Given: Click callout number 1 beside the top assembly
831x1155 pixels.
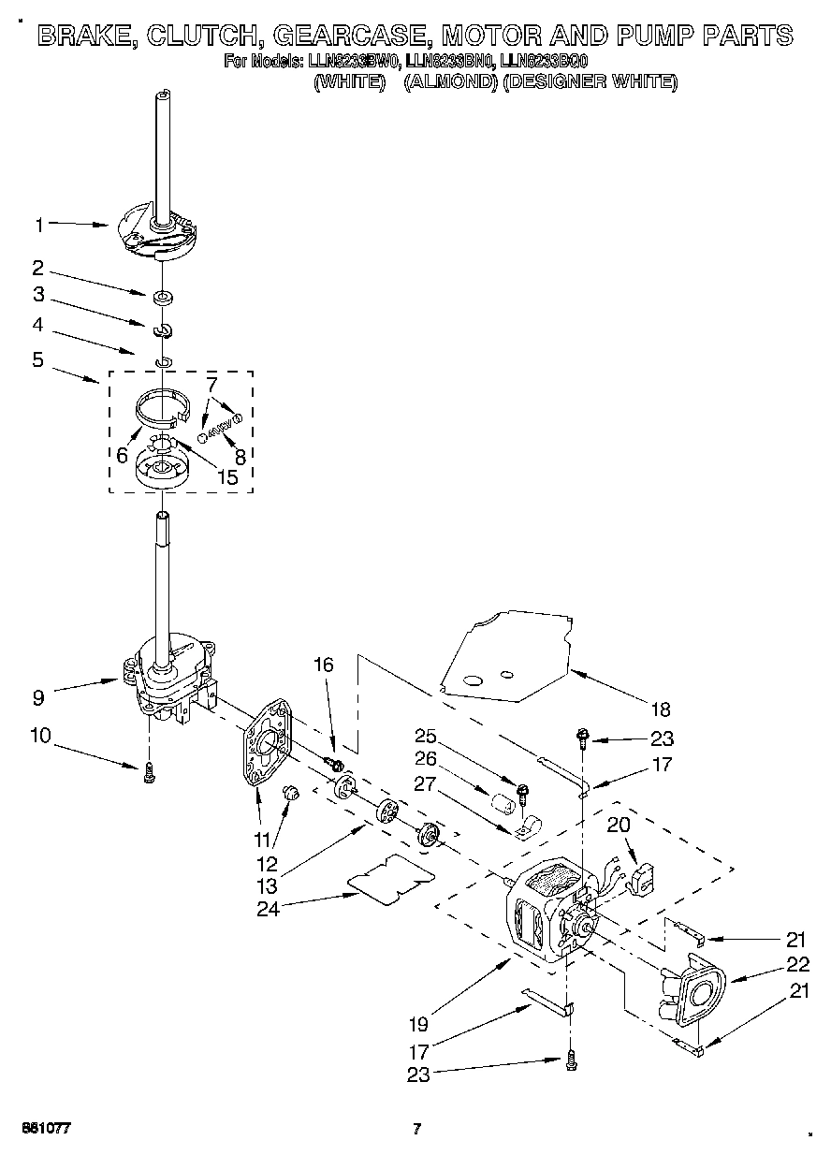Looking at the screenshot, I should point(39,225).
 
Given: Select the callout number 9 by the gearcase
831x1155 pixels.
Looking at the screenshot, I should point(38,697).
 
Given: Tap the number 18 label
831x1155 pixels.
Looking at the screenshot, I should point(662,709).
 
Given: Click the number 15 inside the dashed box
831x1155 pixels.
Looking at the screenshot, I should point(226,476).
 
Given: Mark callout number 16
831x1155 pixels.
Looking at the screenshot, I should point(323,665).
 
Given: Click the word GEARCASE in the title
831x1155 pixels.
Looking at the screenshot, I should point(342,37).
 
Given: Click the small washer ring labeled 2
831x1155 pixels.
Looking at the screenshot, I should point(165,299).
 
